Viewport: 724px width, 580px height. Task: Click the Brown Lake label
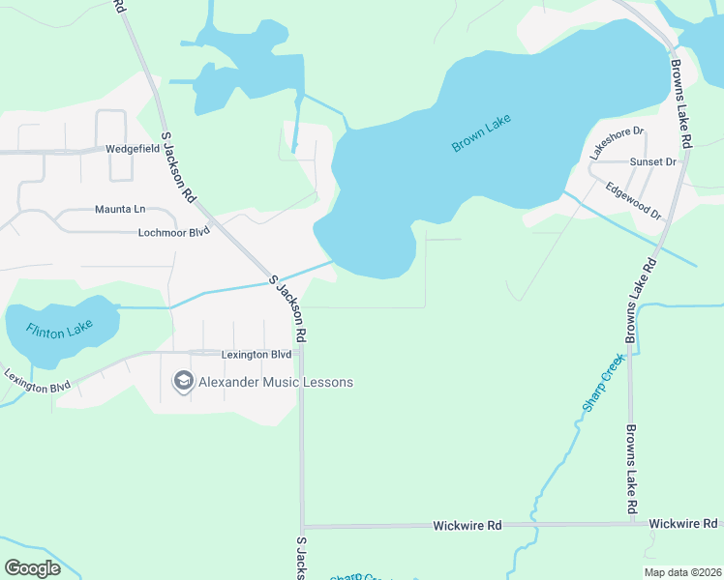click(480, 133)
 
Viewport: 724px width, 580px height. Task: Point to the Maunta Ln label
click(119, 209)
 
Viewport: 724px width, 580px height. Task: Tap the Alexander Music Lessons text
click(275, 382)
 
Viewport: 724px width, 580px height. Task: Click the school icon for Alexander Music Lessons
click(182, 382)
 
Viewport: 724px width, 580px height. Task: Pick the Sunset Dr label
click(652, 161)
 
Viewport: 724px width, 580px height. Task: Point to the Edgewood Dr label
click(633, 200)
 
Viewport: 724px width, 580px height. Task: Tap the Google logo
click(33, 568)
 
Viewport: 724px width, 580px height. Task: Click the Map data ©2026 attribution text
click(681, 572)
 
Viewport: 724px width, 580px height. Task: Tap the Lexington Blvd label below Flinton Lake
click(37, 381)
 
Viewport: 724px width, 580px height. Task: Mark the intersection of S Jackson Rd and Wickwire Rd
click(302, 527)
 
